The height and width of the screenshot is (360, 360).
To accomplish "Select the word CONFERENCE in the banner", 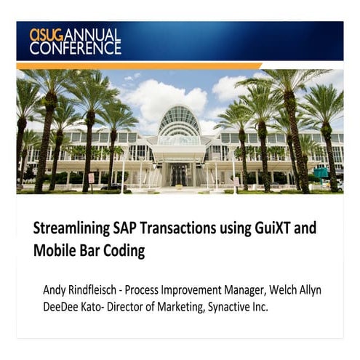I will (75, 48).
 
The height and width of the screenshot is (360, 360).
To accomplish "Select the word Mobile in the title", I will (54, 252).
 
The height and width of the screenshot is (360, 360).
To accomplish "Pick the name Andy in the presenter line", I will (55, 290).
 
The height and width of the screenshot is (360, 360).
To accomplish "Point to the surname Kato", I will (95, 307).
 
